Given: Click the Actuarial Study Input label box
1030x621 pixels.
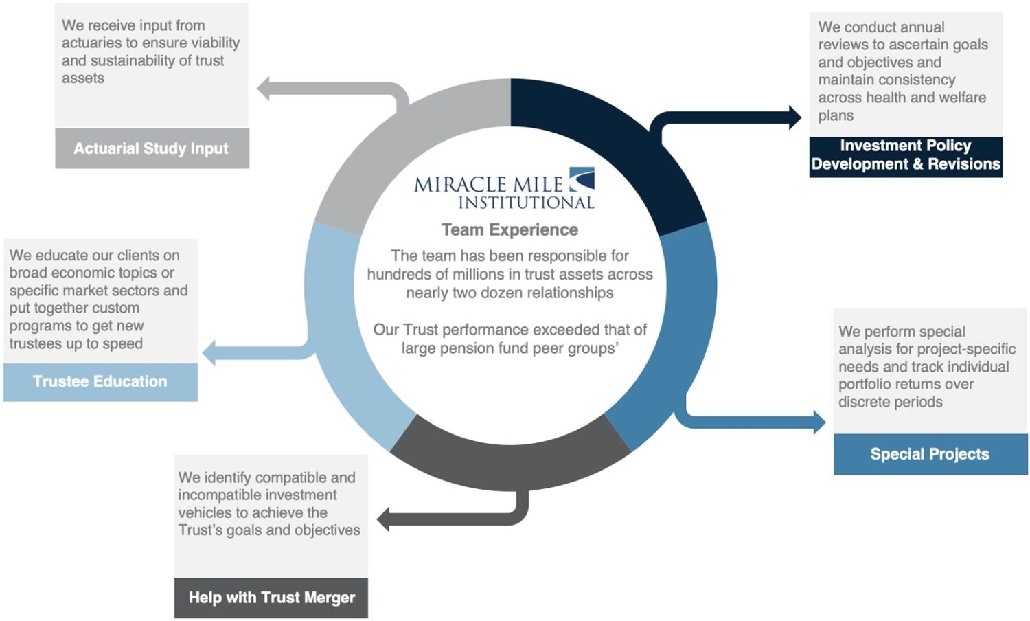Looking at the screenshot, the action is (152, 148).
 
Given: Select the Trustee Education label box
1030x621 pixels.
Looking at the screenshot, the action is (100, 382).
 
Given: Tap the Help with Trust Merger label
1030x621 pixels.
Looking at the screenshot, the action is (271, 598).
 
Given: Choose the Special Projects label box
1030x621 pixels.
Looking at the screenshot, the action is (930, 454).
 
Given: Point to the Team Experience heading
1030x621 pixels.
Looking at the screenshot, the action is (510, 229).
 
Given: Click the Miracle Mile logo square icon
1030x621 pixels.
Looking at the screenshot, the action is (582, 179).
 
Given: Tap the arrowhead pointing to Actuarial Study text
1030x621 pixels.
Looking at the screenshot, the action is (263, 89).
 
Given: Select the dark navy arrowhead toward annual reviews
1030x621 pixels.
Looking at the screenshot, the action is (795, 117).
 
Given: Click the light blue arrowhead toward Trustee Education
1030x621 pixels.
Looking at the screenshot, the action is (209, 353).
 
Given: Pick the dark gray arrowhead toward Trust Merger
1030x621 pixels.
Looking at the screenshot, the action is (383, 519).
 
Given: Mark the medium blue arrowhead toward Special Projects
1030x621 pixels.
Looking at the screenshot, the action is (819, 422).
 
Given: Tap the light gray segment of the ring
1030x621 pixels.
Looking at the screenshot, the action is (404, 138).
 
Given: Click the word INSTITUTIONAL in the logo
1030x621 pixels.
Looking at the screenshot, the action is (527, 203).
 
